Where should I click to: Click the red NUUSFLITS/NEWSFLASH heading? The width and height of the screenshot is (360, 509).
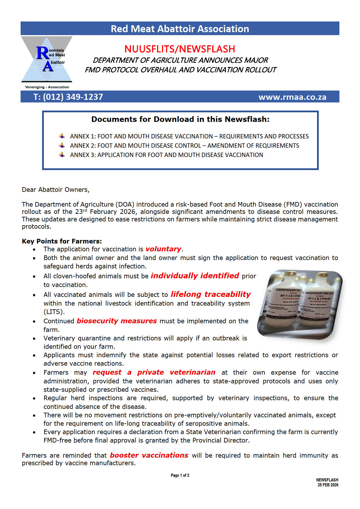180,49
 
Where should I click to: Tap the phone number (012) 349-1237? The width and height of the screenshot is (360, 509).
73,97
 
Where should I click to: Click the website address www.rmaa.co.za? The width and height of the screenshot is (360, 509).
292,97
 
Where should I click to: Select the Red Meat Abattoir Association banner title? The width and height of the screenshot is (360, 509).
180,29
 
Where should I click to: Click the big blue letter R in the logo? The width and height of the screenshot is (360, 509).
42,53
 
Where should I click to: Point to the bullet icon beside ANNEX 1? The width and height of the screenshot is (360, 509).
62,136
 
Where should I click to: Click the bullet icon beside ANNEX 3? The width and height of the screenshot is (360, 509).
62,155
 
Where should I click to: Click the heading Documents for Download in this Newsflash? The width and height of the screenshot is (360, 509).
180,119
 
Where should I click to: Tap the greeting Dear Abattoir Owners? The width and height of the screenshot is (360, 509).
55,189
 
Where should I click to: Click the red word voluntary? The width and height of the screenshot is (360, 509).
163,249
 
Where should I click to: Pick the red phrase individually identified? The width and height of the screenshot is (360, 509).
195,276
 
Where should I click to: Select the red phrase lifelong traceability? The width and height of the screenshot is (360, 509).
210,294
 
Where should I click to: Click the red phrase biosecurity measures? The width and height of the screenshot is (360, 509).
117,321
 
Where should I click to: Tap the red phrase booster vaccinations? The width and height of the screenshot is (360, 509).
149,455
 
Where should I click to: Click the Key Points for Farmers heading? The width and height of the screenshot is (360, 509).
62,241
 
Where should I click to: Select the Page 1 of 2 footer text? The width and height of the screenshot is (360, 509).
180,475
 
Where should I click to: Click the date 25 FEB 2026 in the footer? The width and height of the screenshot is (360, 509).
328,485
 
